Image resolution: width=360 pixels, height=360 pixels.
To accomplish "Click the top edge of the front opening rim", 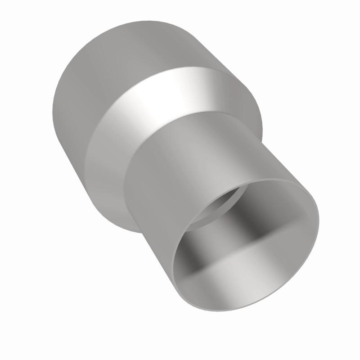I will point(270,179).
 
